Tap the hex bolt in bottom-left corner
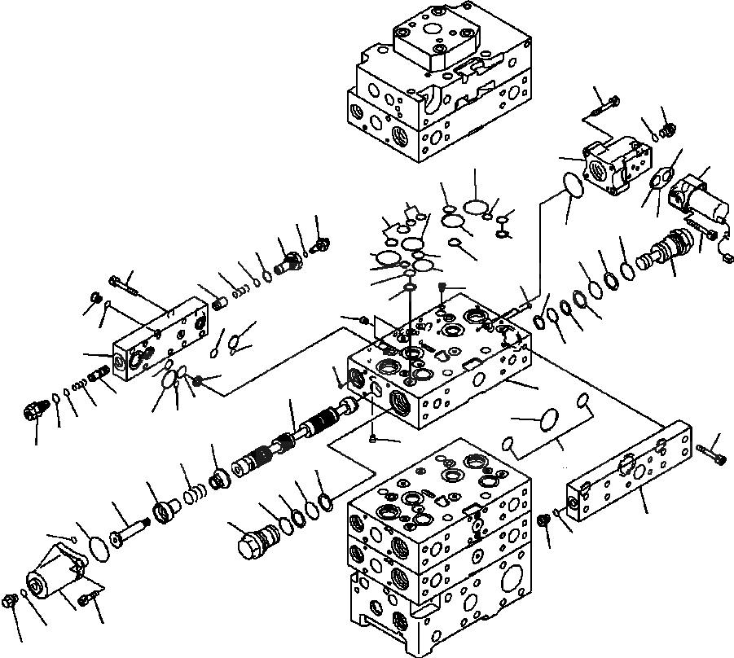coord(11,602)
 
